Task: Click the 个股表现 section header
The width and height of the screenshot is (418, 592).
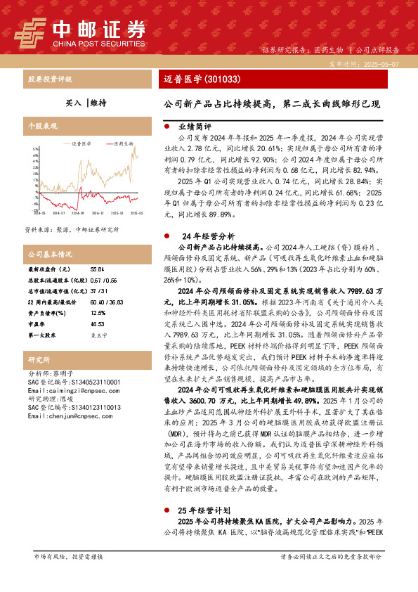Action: click(41, 125)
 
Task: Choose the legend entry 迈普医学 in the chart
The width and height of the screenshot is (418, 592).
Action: click(82, 143)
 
